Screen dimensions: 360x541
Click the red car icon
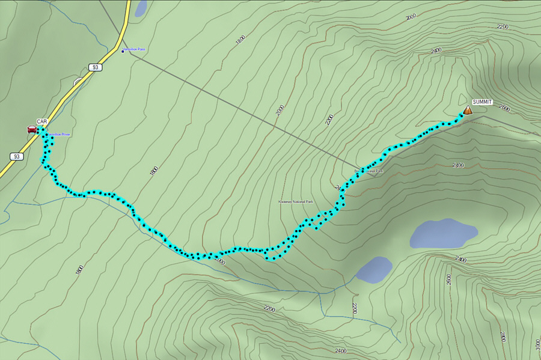click(x=31, y=129)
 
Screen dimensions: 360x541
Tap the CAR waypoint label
click(x=42, y=121)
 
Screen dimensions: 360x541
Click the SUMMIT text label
click(x=482, y=102)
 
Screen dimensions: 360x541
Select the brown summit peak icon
click(x=468, y=109)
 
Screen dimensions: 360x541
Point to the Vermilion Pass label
click(x=135, y=50)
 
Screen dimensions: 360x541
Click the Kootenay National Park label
click(x=296, y=202)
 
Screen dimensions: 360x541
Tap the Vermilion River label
click(x=58, y=135)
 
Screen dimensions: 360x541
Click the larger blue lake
click(x=444, y=233)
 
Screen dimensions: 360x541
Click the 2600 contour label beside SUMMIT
click(x=504, y=109)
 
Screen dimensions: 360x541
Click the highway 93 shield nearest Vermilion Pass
click(x=95, y=67)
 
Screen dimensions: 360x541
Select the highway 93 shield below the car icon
click(x=17, y=156)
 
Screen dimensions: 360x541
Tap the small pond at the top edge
click(x=140, y=8)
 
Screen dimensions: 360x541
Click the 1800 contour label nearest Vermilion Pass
click(x=240, y=40)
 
